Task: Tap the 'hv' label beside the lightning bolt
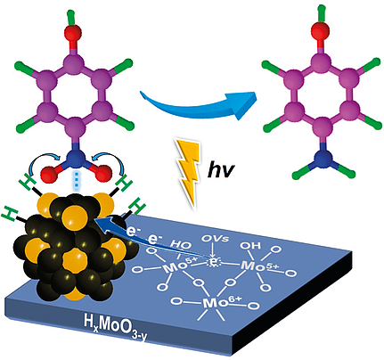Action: click(x=221, y=170)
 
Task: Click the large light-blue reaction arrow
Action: click(x=198, y=105)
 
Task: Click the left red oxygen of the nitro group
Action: click(x=49, y=174)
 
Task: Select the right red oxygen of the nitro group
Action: click(x=103, y=173)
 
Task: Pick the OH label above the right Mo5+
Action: click(x=250, y=246)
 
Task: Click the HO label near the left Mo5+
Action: click(x=181, y=246)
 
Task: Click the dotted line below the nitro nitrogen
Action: click(x=77, y=180)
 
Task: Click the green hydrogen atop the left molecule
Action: click(x=71, y=16)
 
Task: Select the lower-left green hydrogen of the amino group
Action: click(x=300, y=172)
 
